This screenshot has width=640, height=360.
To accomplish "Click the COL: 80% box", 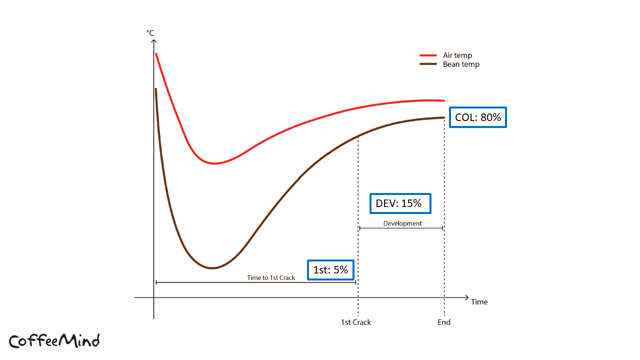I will coord(478,117).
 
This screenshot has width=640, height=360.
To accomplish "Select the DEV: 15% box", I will coord(399,203).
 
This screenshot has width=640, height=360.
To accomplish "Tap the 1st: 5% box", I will coord(330,270).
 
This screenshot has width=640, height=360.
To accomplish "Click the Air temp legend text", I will coord(457,55).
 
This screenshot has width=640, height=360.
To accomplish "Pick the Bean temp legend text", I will coord(461,64).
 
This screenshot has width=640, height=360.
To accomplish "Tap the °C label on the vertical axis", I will coord(150,33).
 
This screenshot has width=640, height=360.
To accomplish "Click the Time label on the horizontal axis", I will coord(479,302).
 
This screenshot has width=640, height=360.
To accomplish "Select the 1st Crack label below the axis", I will coord(356,322).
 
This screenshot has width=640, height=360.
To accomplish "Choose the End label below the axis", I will coord(444,322).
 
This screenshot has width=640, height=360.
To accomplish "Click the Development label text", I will coord(402,223).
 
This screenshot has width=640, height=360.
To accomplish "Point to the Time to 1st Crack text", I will coord(271,277).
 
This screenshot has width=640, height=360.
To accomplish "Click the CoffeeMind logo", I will coord(54,341).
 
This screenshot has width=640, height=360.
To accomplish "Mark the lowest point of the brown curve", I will coord(212,268).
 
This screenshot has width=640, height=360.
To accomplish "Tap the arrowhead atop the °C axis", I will coord(154,40).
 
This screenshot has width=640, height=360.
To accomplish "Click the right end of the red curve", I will coord(443,100).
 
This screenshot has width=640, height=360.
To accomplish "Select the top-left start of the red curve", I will coord(156,53).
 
